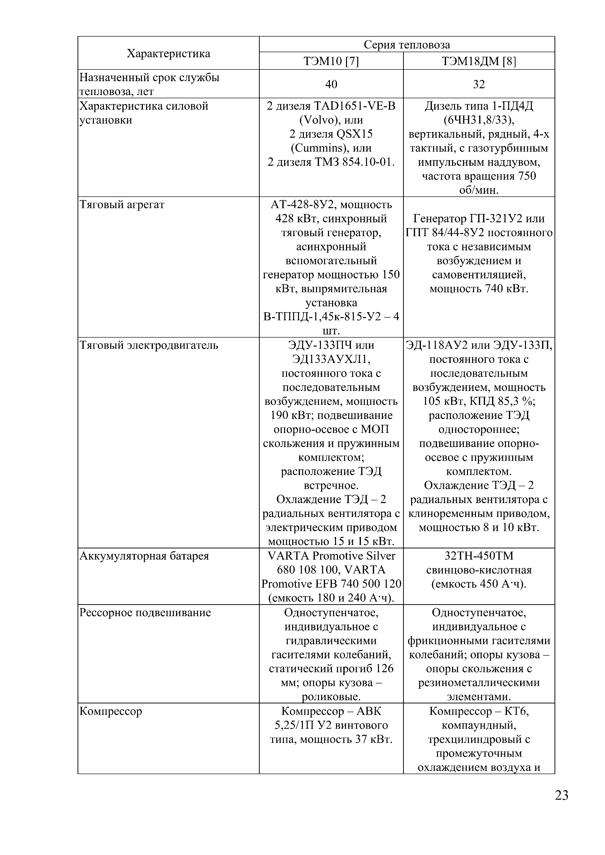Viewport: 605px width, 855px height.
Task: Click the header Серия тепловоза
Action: tap(407, 45)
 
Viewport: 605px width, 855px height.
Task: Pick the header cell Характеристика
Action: tap(169, 54)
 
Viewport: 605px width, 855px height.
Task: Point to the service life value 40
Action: tap(331, 84)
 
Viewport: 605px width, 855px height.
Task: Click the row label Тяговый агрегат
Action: tap(122, 205)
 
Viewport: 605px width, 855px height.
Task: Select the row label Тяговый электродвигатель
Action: tap(149, 345)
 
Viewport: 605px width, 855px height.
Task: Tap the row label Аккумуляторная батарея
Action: tap(144, 556)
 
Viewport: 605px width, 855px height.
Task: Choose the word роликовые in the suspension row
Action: tap(331, 697)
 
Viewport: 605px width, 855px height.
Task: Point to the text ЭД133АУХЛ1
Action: tap(331, 359)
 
